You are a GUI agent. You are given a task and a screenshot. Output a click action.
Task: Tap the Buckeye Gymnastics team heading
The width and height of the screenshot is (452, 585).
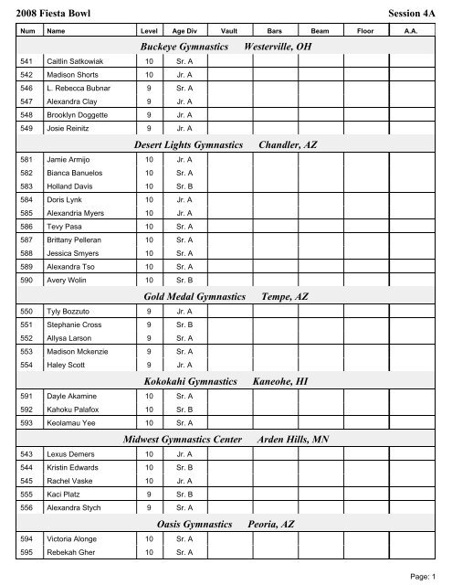[188, 46]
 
